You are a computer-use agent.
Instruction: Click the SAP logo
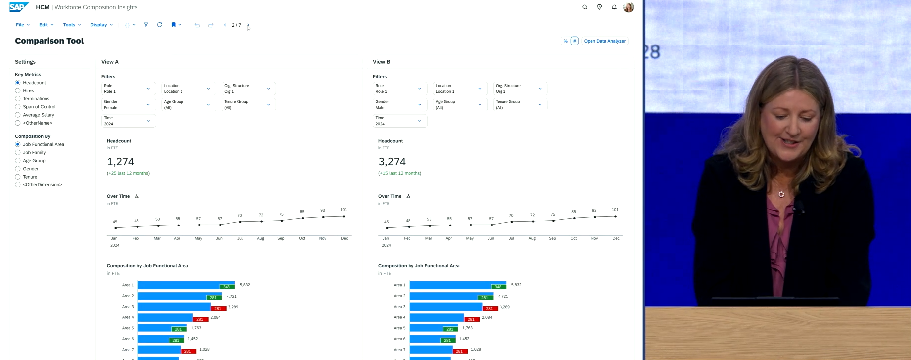pyautogui.click(x=19, y=7)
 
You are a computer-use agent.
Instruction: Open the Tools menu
pyautogui.click(x=72, y=25)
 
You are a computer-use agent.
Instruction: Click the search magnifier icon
pyautogui.click(x=585, y=7)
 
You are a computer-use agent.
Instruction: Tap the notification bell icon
pyautogui.click(x=614, y=7)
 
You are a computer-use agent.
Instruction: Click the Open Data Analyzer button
pyautogui.click(x=604, y=41)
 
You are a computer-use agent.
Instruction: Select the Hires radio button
pyautogui.click(x=18, y=90)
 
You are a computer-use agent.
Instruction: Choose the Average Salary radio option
pyautogui.click(x=18, y=115)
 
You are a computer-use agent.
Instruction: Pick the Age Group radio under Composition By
pyautogui.click(x=18, y=161)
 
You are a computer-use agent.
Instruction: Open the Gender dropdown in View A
pyautogui.click(x=128, y=104)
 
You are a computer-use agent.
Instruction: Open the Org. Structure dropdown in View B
pyautogui.click(x=520, y=89)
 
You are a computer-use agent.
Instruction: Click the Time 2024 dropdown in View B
pyautogui.click(x=400, y=121)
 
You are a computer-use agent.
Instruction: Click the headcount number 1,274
pyautogui.click(x=120, y=162)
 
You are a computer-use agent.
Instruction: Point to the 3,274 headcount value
pyautogui.click(x=392, y=162)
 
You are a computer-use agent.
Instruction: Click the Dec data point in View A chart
pyautogui.click(x=344, y=216)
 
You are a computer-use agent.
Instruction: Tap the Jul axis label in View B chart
pyautogui.click(x=511, y=238)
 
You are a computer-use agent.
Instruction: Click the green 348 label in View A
pyautogui.click(x=227, y=287)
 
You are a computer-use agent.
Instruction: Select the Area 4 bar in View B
pyautogui.click(x=436, y=317)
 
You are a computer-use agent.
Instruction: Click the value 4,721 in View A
pyautogui.click(x=231, y=296)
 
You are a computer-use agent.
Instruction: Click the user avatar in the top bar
pyautogui.click(x=629, y=7)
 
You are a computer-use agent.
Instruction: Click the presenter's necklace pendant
pyautogui.click(x=781, y=194)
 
